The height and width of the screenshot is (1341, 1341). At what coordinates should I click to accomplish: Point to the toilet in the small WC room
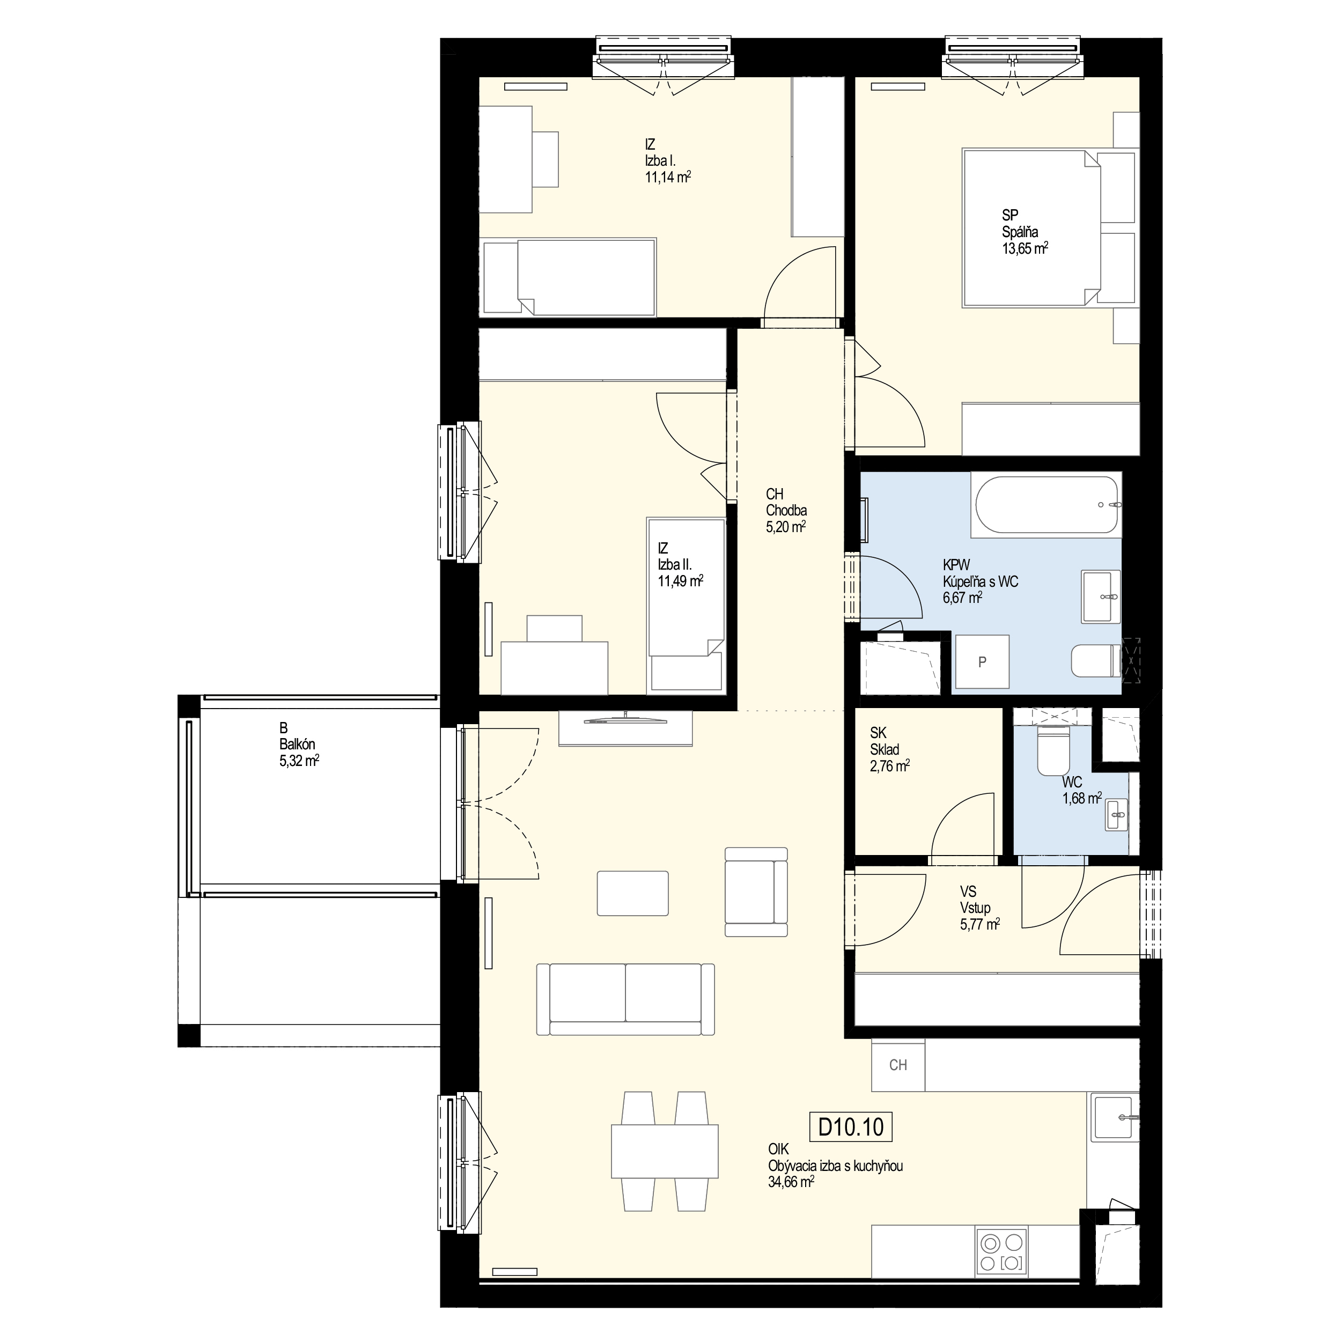pos(1053,750)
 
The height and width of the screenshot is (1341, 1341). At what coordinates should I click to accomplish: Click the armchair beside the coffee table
pos(756,892)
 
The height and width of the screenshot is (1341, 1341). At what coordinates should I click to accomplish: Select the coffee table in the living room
pos(633,893)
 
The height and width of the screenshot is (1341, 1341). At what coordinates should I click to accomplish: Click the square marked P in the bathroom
pos(982,661)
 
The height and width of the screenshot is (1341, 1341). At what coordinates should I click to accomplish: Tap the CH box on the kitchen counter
pos(898,1065)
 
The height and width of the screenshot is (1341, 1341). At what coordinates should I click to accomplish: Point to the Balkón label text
pos(297,744)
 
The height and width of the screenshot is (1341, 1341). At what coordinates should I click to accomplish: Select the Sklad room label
pos(885,750)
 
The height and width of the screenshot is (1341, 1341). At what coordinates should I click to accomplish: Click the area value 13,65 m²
pos(1025,248)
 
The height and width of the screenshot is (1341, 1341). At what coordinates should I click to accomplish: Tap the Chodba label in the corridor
pos(786,511)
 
